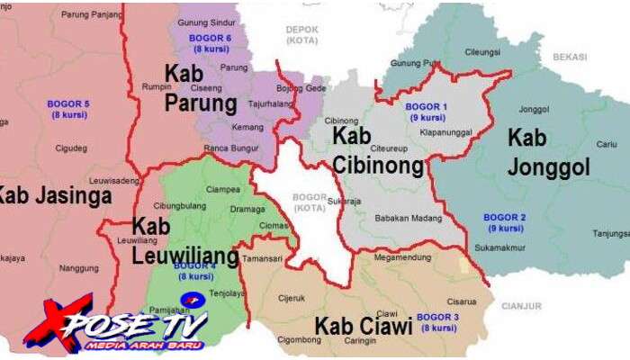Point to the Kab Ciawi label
click(x=363, y=326)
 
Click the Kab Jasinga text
click(x=54, y=194)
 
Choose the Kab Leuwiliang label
click(x=185, y=242)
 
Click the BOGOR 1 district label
click(x=427, y=112)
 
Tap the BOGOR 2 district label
click(x=505, y=222)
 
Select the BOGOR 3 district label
click(x=439, y=322)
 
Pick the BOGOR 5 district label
click(x=67, y=109)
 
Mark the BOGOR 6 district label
click(x=210, y=43)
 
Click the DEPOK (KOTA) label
click(x=302, y=34)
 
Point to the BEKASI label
click(x=570, y=56)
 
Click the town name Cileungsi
click(x=481, y=52)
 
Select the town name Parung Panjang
click(x=90, y=15)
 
